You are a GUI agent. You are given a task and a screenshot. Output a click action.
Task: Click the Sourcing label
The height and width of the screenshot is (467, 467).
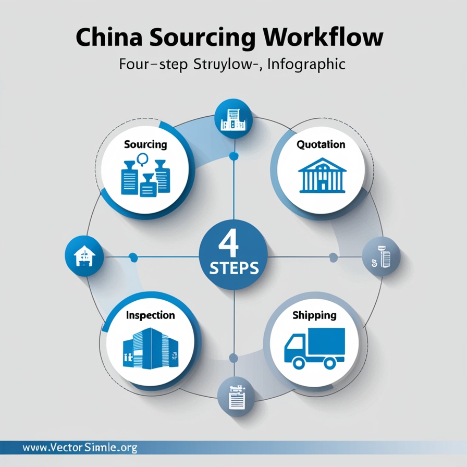pyautogui.click(x=145, y=144)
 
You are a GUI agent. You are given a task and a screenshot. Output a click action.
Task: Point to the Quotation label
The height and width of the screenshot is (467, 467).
pyautogui.click(x=321, y=144)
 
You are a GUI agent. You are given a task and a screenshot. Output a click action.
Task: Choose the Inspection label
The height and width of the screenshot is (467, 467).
pyautogui.click(x=150, y=315)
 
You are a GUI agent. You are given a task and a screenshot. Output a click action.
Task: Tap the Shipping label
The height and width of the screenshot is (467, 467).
pyautogui.click(x=314, y=315)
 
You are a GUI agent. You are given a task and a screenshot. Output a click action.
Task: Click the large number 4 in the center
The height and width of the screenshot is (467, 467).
pyautogui.click(x=233, y=242)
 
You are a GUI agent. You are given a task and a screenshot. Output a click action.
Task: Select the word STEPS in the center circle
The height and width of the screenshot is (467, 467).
pyautogui.click(x=233, y=269)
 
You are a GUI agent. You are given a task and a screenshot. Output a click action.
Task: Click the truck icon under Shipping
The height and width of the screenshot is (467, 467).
pyautogui.click(x=314, y=347)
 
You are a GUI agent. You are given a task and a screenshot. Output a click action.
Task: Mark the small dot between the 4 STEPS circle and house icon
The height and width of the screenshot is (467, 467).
pyautogui.click(x=133, y=256)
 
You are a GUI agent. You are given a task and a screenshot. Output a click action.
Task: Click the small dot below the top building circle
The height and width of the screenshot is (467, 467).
pyautogui.click(x=233, y=155)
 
